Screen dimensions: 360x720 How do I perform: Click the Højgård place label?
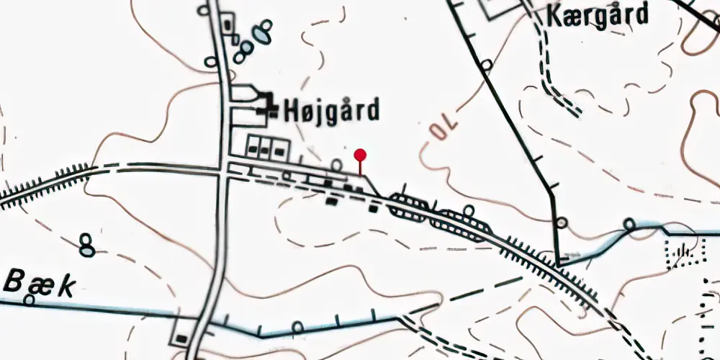(x=331, y=111)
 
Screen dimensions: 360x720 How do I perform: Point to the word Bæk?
(x=39, y=284)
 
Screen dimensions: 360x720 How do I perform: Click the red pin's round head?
(x=360, y=154)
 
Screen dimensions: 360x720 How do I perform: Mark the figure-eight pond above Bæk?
(x=87, y=246)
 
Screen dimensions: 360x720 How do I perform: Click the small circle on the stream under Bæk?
(x=29, y=299)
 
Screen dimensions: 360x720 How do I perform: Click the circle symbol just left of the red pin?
(x=336, y=166)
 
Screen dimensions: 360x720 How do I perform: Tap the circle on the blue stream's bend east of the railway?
(x=630, y=224)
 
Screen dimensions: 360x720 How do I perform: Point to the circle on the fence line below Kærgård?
(x=487, y=66)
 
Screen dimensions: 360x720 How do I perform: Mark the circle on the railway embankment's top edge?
(x=469, y=210)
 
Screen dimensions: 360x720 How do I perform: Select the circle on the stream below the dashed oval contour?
(x=297, y=328)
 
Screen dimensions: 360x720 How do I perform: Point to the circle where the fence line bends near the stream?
(x=562, y=222)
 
